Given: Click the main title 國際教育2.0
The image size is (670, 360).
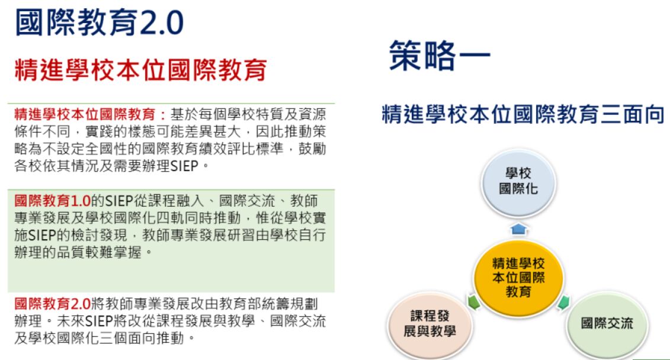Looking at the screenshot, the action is (99, 22).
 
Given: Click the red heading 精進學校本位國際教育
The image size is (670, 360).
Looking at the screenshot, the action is (140, 70).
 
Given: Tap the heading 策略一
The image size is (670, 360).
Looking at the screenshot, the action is (439, 55).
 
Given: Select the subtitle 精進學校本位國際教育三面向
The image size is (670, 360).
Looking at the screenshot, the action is (522, 114).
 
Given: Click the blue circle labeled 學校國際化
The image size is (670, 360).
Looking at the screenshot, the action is (518, 182).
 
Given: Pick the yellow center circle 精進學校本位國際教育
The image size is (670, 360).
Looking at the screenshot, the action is (518, 278).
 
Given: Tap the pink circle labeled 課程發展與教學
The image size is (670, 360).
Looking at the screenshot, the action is (429, 324).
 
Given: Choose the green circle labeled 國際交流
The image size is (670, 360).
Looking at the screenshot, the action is (607, 324).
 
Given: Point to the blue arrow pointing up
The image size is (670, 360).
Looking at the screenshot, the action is (518, 229).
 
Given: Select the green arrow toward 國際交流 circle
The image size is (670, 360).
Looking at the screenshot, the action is (563, 303).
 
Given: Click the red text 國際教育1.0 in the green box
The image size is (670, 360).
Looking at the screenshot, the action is (52, 200).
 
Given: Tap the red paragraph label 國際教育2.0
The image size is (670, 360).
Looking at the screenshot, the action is (52, 304).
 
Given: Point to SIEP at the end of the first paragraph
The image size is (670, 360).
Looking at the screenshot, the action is (184, 166).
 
